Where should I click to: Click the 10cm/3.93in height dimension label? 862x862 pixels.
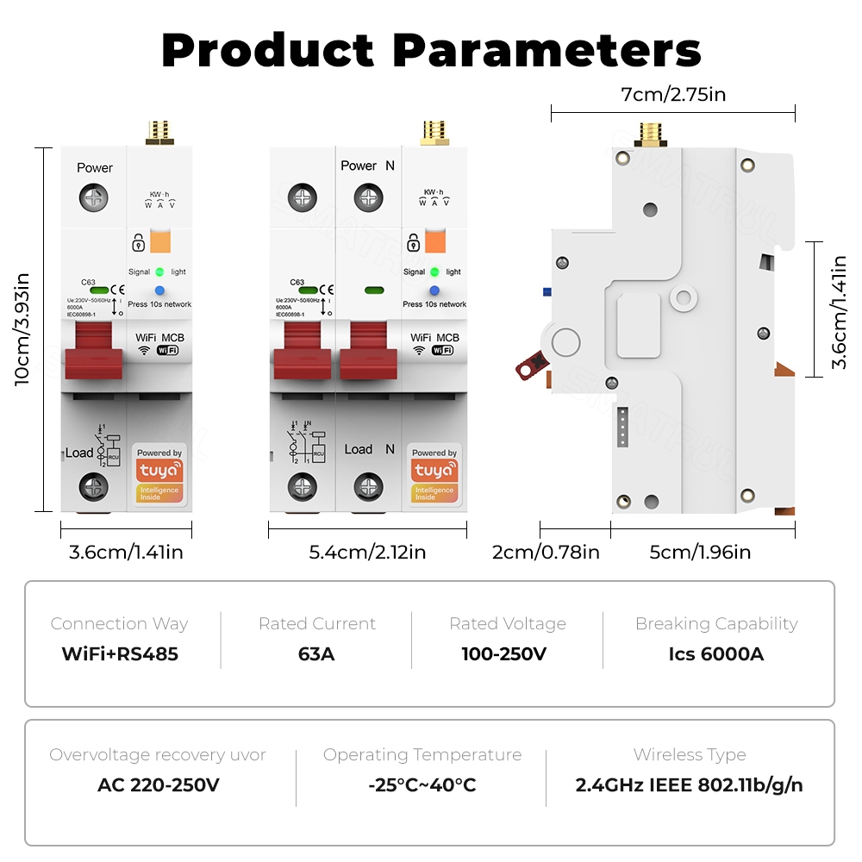(x=22, y=329)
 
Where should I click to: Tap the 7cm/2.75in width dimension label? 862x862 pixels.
(x=673, y=94)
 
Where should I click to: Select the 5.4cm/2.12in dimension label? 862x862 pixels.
(x=367, y=552)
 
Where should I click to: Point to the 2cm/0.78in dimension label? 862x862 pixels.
(x=546, y=552)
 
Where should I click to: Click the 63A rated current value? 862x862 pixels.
(x=316, y=653)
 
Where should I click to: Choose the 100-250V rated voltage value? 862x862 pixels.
(x=504, y=653)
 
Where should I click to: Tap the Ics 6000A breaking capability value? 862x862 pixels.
(x=715, y=653)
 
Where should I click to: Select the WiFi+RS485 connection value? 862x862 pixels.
(x=120, y=653)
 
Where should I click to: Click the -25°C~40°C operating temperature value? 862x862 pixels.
(x=422, y=784)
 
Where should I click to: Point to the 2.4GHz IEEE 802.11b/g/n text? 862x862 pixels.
(x=690, y=784)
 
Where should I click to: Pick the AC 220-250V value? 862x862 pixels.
(x=158, y=784)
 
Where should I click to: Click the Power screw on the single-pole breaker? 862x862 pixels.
(x=94, y=198)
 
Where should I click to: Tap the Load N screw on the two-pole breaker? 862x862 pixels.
(x=369, y=486)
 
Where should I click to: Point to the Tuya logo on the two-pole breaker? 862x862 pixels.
(x=434, y=471)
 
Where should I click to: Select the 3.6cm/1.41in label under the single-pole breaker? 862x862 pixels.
(x=126, y=552)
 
